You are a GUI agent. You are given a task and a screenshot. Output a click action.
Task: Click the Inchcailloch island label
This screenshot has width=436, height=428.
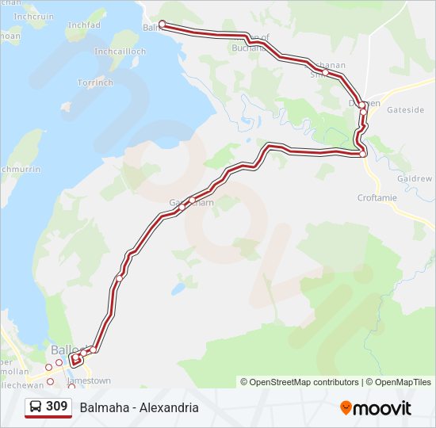point(120,52)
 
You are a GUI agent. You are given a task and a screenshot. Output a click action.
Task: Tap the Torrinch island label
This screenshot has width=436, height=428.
point(95,82)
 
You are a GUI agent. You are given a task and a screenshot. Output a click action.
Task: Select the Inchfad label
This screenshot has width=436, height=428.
point(84,25)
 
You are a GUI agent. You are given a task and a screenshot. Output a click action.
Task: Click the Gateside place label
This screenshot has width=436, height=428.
point(406,110)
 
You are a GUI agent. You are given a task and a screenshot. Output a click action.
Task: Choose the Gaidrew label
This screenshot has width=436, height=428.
point(415,179)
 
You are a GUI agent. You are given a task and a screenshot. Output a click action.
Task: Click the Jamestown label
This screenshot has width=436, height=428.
point(89,380)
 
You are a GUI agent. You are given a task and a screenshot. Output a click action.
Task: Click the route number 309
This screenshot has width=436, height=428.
point(56,407)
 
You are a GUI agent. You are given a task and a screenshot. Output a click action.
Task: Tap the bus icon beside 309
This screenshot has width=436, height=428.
point(36,407)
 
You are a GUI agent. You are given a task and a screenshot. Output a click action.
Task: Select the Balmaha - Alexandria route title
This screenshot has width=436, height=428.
point(139,407)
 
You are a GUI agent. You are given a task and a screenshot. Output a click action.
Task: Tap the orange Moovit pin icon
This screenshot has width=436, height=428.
point(346,407)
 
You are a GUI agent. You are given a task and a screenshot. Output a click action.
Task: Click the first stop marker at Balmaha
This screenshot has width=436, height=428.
point(163,24)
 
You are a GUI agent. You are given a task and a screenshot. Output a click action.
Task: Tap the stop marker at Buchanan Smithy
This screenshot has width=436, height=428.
point(325,72)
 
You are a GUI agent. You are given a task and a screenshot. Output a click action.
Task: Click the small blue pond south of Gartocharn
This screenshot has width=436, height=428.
point(181,288)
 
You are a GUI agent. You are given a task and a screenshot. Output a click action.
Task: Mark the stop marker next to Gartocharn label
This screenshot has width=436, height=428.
point(192,200)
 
